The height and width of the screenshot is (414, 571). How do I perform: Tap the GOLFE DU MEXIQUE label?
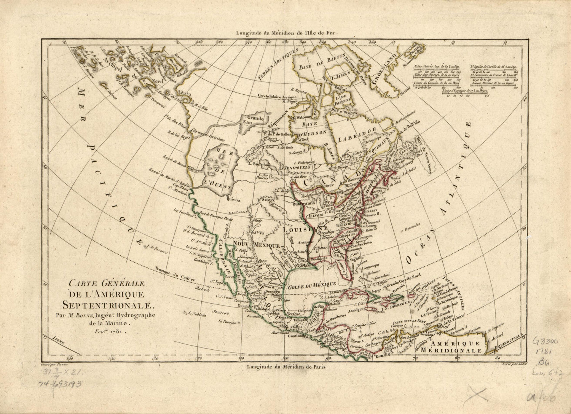[x=312, y=284]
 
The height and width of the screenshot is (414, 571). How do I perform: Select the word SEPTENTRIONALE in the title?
[x=108, y=304]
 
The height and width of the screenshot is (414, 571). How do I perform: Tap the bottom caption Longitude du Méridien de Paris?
[x=286, y=367]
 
